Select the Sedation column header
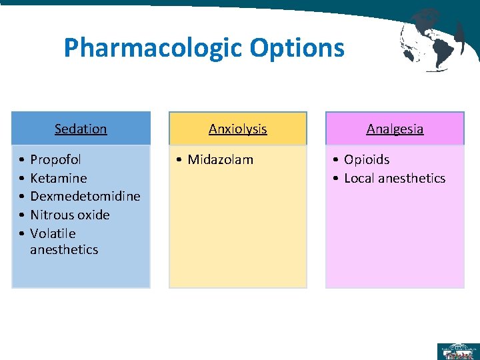coord(81,129)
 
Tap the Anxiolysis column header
coord(238,129)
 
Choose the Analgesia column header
coord(395,129)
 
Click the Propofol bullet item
coord(56,160)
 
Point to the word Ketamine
coord(59,178)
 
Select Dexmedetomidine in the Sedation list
coord(85,196)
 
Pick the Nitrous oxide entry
coord(70,215)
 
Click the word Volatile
coord(53,233)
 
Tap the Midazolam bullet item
coord(221,160)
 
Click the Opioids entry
coord(367,160)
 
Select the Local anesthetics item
coord(395,178)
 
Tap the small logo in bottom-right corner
coord(457,351)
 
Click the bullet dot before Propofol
coord(22,160)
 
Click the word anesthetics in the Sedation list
coord(64,250)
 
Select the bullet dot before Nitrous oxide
coord(22,215)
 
